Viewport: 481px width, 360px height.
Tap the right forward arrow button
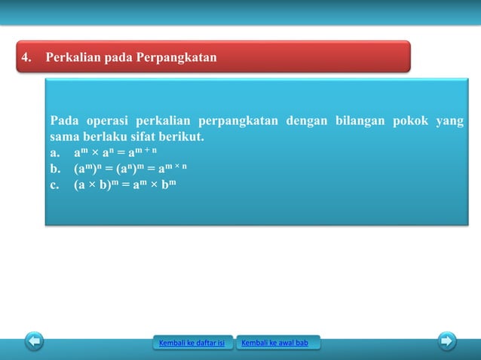pyautogui.click(x=447, y=341)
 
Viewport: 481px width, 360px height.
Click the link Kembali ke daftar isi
pyautogui.click(x=192, y=344)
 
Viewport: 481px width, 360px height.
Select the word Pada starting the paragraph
pyautogui.click(x=65, y=122)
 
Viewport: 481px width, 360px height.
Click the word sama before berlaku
pyautogui.click(x=65, y=139)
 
